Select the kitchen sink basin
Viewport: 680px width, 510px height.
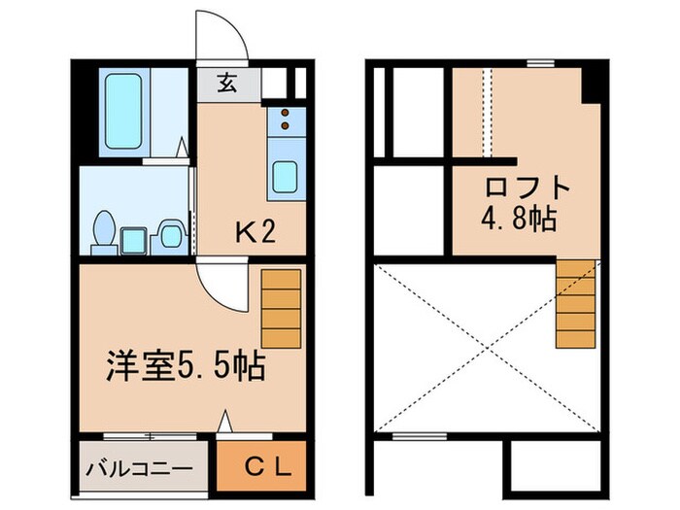coord(286,176)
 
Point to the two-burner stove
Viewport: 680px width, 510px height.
coord(287,120)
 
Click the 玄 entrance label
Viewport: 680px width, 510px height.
coord(226,84)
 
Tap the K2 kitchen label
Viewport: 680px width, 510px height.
coord(256,232)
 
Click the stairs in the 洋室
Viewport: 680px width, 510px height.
coord(281,307)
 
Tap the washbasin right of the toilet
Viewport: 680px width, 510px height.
coord(172,232)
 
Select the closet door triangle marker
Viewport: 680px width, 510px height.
coord(225,422)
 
